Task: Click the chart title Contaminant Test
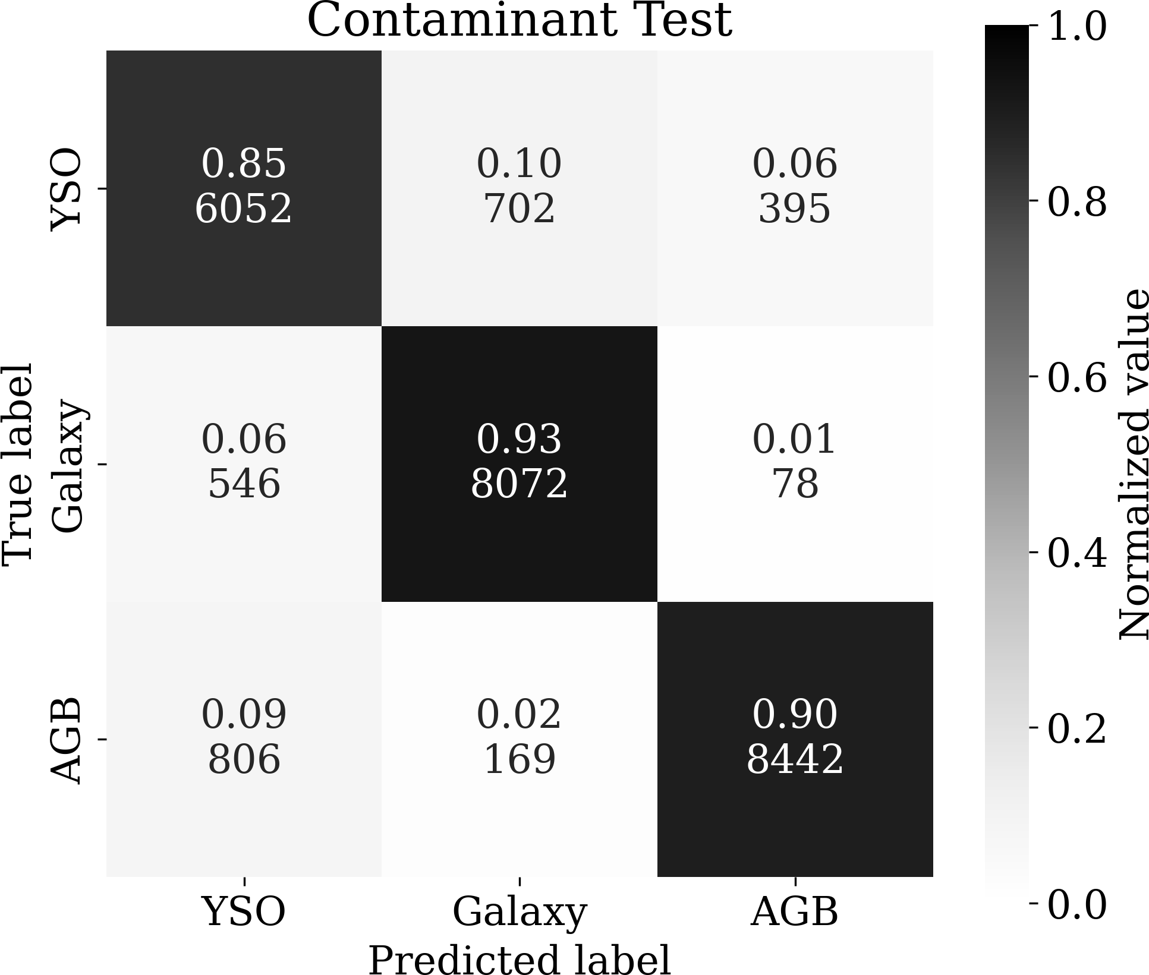tap(519, 21)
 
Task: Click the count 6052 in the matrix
tap(243, 209)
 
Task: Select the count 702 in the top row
tap(519, 209)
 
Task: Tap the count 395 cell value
tap(794, 209)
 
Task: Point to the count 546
tap(244, 484)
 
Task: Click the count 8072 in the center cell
tap(519, 484)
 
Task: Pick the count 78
tap(795, 484)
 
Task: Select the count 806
tap(244, 760)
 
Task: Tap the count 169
tap(519, 760)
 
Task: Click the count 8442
tap(795, 760)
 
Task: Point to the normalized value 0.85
tap(244, 164)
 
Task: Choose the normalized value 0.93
tap(519, 440)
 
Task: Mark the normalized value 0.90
tap(795, 715)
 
